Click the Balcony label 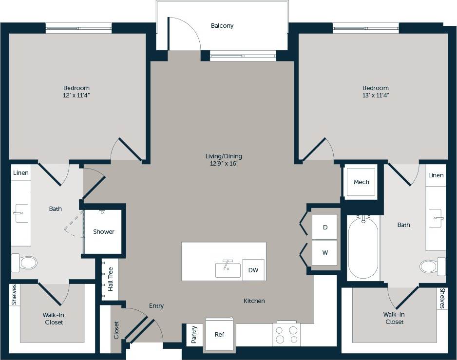click(222, 26)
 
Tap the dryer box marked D click(324, 227)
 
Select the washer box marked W click(324, 253)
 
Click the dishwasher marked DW click(253, 270)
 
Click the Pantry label click(193, 335)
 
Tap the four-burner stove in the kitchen click(286, 335)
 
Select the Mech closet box click(361, 182)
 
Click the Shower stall click(103, 232)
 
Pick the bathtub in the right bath click(363, 248)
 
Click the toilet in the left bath click(24, 263)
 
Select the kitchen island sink click(228, 269)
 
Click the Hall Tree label click(110, 279)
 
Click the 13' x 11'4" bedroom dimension click(375, 95)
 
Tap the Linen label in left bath click(21, 173)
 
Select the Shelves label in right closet click(442, 298)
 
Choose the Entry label click(156, 306)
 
